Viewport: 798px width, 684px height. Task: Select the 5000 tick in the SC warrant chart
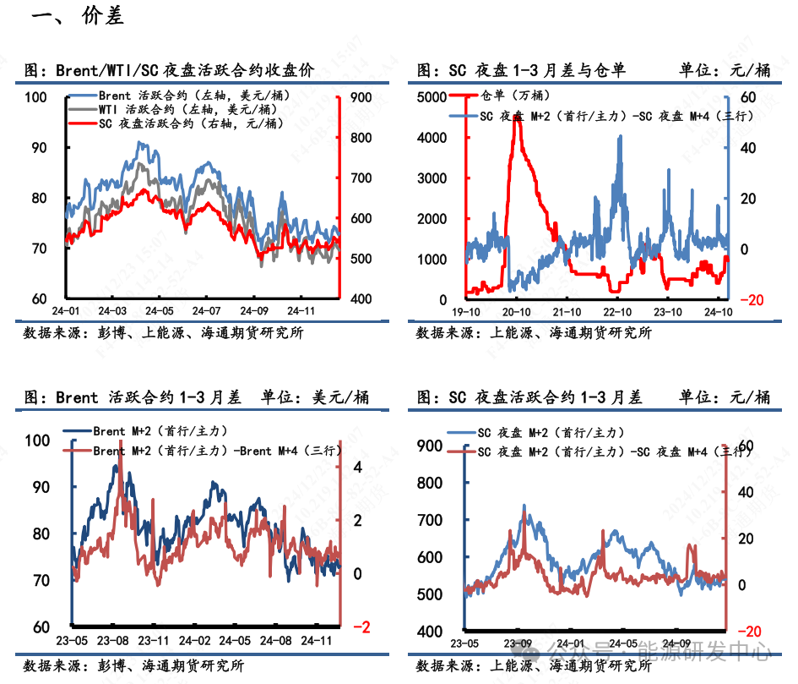coord(432,96)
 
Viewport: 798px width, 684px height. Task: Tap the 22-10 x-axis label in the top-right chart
coord(617,312)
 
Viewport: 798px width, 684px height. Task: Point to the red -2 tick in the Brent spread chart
coord(361,627)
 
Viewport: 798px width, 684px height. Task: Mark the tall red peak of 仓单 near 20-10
coord(516,127)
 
